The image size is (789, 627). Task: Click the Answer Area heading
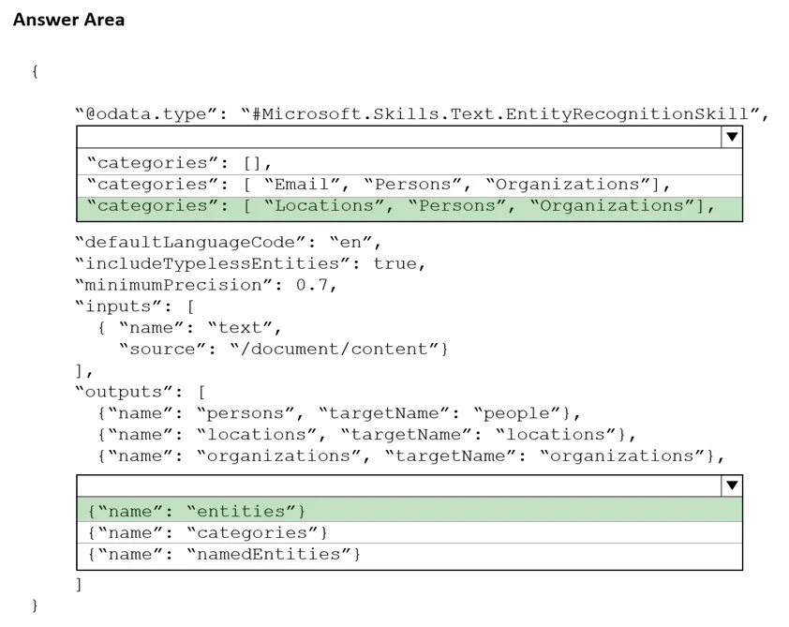point(69,20)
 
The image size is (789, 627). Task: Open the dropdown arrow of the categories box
point(732,137)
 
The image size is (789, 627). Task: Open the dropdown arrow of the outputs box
point(732,485)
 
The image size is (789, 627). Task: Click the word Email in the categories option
point(302,185)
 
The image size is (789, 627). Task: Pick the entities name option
point(197,512)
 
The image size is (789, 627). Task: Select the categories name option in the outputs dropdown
point(208,533)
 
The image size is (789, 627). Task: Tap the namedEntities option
point(224,555)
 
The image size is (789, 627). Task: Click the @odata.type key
point(146,114)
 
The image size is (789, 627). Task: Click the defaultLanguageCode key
point(191,243)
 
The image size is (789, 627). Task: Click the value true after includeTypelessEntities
point(395,263)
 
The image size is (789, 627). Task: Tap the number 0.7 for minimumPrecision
point(312,285)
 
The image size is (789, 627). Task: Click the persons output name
point(246,413)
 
